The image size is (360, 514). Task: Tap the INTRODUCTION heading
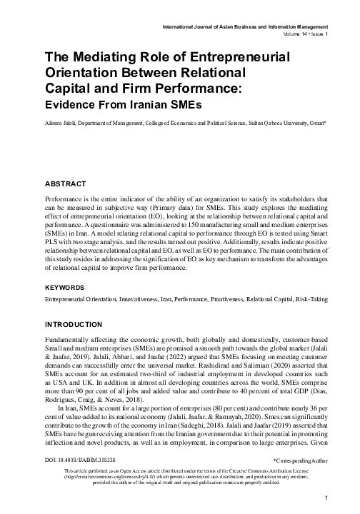tap(74, 325)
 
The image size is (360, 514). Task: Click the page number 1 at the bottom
tap(326, 497)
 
